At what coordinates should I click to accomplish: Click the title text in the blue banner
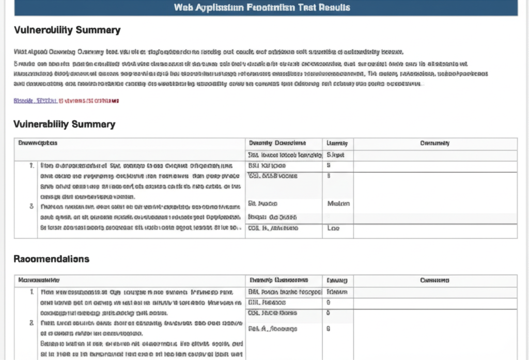point(262,7)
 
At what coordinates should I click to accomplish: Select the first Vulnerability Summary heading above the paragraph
point(67,30)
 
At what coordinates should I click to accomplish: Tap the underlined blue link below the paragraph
point(35,101)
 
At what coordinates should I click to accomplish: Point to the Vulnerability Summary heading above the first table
point(65,124)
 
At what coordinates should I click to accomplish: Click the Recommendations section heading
point(51,259)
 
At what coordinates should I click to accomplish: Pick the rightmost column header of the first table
point(435,143)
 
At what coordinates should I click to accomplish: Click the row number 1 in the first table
point(32,166)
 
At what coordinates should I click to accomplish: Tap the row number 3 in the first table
point(32,206)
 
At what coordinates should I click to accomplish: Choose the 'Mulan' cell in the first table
point(338,204)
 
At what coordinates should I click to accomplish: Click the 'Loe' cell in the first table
point(334,228)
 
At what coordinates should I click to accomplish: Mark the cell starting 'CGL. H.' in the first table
point(273,228)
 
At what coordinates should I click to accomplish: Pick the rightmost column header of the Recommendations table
point(434,280)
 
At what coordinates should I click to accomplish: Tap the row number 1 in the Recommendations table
point(32,292)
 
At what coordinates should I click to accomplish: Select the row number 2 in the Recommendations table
point(32,323)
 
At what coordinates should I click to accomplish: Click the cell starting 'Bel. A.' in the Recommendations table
point(272,328)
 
